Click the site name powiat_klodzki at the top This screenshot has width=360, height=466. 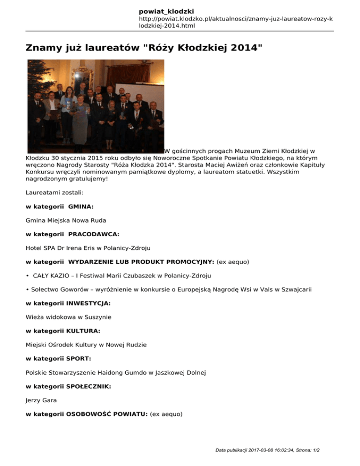point(166,11)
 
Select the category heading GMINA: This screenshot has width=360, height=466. point(80,206)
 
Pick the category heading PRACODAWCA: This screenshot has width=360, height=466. point(93,233)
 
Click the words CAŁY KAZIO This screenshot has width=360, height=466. point(50,275)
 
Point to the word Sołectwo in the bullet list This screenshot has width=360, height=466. point(44,289)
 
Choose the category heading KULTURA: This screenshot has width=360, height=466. point(83,331)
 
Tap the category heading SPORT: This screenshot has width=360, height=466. point(78,358)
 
